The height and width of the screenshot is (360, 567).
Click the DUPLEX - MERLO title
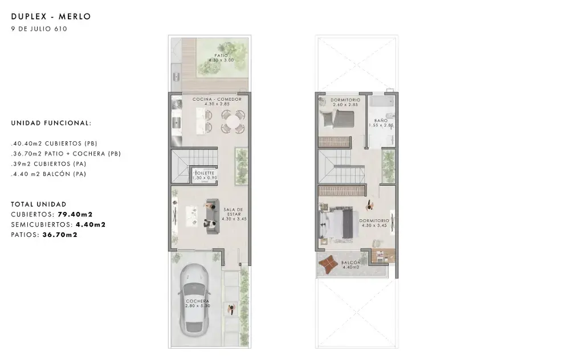[x=51, y=17]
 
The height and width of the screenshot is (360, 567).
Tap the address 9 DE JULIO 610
[x=39, y=29]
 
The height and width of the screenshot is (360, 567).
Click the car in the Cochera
[x=195, y=298]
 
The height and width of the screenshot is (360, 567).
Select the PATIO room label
[x=221, y=56]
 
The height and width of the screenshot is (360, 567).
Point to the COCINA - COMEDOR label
[x=217, y=99]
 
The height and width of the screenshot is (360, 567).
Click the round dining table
[x=233, y=121]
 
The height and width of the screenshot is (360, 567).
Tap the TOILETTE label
[x=205, y=173]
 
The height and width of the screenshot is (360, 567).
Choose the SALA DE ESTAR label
[x=233, y=212]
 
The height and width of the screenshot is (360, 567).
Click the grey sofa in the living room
[x=212, y=216]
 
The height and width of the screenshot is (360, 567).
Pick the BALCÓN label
[x=351, y=263]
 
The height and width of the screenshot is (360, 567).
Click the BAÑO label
[x=381, y=120]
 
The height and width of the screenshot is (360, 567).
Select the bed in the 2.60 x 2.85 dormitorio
[x=337, y=119]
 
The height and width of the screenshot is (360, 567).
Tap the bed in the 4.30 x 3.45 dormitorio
[x=336, y=222]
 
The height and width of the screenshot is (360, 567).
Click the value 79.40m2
[x=75, y=214]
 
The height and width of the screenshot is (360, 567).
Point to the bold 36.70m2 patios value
[x=60, y=235]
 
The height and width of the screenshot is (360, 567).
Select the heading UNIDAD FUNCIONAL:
[x=51, y=123]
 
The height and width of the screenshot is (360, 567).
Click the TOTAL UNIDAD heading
[x=39, y=204]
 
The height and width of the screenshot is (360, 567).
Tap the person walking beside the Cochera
[x=231, y=309]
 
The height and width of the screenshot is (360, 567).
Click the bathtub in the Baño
[x=382, y=101]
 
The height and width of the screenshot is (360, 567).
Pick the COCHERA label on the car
[x=197, y=301]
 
